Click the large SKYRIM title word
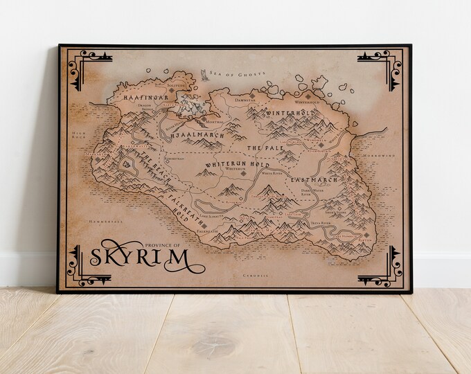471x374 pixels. pyautogui.click(x=139, y=258)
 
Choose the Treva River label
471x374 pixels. pyautogui.click(x=321, y=224)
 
